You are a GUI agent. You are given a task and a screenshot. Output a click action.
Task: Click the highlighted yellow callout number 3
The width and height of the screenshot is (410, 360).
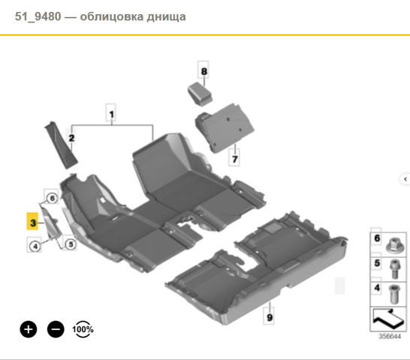click(x=32, y=221)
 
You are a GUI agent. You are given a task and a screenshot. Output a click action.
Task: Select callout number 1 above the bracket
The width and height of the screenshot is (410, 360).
click(x=111, y=114)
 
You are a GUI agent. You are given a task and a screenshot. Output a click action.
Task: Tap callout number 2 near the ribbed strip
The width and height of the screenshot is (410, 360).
click(x=71, y=138)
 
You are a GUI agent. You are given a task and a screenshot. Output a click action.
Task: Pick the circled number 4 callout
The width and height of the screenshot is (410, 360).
click(x=35, y=246)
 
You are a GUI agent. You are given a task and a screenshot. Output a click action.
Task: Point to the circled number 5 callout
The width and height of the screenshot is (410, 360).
click(x=71, y=244)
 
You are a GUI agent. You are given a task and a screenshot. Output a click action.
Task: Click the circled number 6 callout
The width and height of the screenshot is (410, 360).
click(x=52, y=198)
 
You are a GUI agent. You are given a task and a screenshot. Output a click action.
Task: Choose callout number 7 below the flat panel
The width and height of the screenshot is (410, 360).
click(x=234, y=158)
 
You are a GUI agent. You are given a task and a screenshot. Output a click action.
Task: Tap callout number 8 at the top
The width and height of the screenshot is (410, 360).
click(x=203, y=71)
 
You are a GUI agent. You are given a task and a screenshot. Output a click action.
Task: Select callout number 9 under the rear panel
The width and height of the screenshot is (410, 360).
click(x=270, y=317)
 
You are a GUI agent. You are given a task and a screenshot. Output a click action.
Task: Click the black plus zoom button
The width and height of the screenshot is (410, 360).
click(x=29, y=329)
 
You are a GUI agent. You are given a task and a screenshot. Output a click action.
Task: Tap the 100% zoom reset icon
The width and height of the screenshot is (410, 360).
click(x=83, y=329)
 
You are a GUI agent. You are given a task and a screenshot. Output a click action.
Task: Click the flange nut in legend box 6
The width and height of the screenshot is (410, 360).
click(x=394, y=245)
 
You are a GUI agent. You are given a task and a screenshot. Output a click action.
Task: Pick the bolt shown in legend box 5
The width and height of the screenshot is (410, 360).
click(x=394, y=269)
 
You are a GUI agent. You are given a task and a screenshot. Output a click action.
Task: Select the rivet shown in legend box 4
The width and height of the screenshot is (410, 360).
click(x=394, y=294)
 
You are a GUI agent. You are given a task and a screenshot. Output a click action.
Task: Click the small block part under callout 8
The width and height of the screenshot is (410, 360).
click(x=200, y=94)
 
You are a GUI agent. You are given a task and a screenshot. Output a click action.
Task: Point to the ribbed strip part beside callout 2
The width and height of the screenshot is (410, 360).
click(x=61, y=145)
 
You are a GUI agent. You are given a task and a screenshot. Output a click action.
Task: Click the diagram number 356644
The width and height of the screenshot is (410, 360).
click(x=390, y=336)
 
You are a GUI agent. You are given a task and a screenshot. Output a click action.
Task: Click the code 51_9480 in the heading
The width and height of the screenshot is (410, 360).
click(x=38, y=16)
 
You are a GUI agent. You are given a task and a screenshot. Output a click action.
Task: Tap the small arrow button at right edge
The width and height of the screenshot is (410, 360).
click(x=405, y=179)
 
